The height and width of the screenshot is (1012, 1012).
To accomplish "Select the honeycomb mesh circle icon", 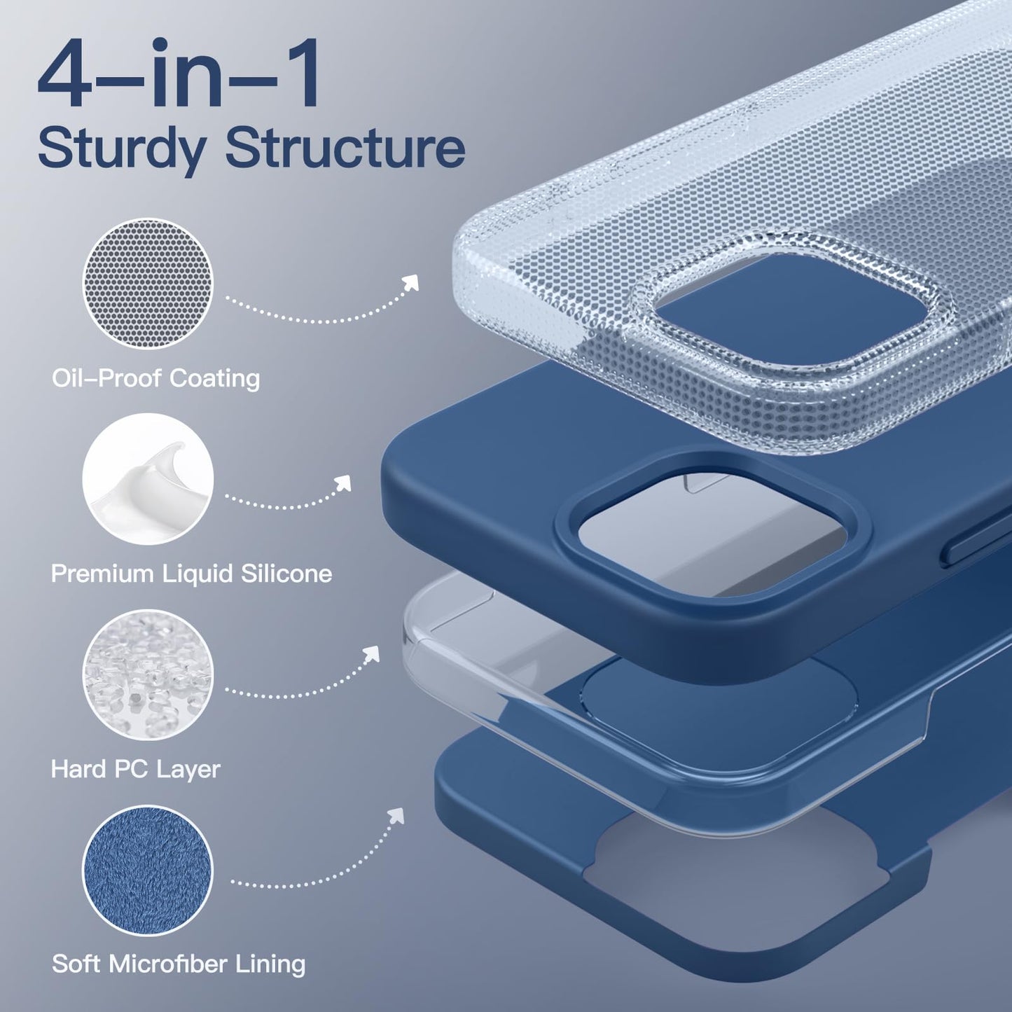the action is (x=148, y=284).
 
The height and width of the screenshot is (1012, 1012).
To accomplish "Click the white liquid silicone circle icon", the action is (x=148, y=479).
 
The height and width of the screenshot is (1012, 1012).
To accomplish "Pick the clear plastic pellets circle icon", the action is (x=148, y=675).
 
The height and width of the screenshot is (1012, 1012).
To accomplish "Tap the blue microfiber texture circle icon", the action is (x=148, y=871).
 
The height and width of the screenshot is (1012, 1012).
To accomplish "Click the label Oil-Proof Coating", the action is (x=156, y=379).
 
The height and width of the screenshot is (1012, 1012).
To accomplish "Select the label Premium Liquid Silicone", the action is (x=192, y=574).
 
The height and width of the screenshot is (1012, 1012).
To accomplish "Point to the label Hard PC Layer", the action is (x=135, y=770).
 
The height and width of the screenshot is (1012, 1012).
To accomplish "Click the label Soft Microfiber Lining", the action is (x=179, y=964).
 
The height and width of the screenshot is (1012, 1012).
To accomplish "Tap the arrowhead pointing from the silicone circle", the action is (x=342, y=484).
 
